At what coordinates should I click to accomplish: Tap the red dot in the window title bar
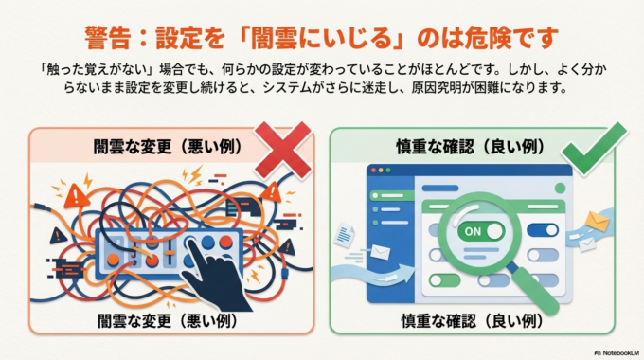click(x=373, y=172)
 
